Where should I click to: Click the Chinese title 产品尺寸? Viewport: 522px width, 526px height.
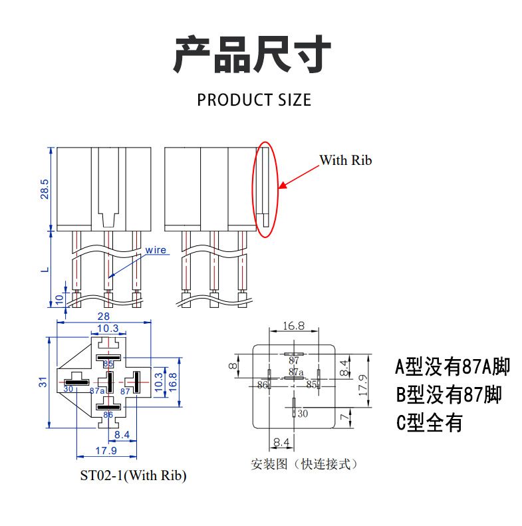(x=253, y=55)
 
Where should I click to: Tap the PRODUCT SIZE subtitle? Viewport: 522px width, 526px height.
(x=254, y=100)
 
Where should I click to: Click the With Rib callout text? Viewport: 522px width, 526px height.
(x=346, y=160)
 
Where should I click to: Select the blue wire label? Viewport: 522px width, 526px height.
(x=156, y=250)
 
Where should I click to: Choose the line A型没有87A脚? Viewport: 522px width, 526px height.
(x=452, y=366)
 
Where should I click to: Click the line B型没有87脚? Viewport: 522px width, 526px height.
(x=449, y=395)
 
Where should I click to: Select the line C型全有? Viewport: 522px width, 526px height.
(x=429, y=422)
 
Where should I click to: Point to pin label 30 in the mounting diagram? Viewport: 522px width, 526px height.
(x=303, y=414)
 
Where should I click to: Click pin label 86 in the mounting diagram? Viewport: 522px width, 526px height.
(x=262, y=385)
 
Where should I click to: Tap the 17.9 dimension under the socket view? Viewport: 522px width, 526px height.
(x=106, y=451)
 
